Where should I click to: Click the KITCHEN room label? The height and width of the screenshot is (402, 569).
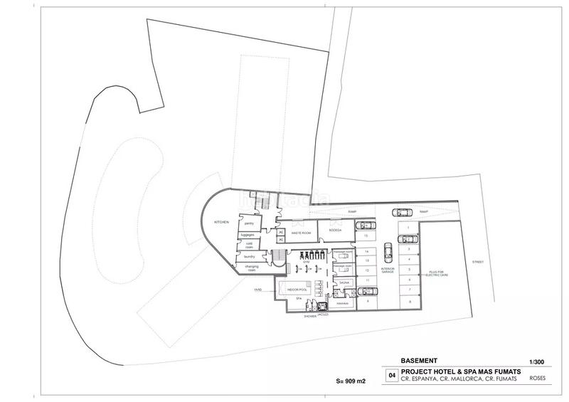(222, 222)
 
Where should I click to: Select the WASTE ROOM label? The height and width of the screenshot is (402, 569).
(302, 233)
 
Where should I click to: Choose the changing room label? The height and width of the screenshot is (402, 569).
(251, 268)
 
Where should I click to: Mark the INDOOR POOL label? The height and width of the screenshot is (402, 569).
(297, 290)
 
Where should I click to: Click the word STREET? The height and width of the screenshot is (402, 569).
(477, 262)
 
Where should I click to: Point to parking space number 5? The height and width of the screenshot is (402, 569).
(410, 270)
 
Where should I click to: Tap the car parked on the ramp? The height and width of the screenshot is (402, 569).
(401, 212)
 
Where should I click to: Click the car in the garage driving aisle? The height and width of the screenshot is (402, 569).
(388, 251)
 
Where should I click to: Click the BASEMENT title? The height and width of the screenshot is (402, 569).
(418, 359)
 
